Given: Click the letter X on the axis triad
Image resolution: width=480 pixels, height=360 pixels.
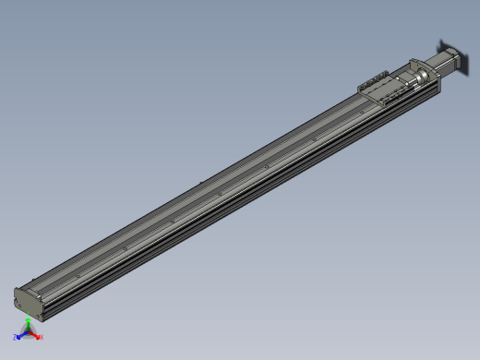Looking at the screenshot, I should pyautogui.click(x=42, y=337).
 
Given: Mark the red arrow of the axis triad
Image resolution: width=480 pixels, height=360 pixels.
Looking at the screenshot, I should pyautogui.click(x=36, y=335).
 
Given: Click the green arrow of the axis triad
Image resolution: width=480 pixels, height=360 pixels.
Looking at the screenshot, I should pyautogui.click(x=28, y=324).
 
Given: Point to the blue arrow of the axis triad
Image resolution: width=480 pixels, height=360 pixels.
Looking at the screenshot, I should pyautogui.click(x=21, y=335).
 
